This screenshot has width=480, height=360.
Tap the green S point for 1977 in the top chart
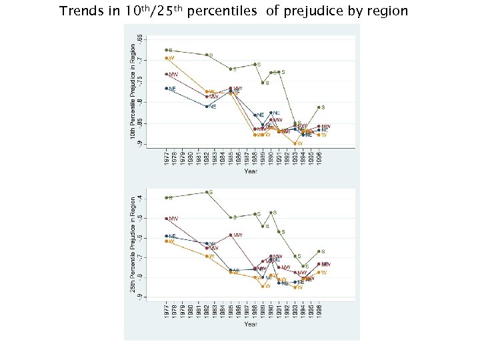[167, 50]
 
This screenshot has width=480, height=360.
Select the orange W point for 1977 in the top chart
[167, 58]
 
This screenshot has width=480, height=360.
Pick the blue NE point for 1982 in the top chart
[207, 106]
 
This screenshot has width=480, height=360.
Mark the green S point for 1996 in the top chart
[319, 107]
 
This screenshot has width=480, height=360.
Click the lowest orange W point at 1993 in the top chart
[295, 143]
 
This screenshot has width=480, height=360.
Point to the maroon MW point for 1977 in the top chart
[167, 74]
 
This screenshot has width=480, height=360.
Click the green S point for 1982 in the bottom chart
[207, 192]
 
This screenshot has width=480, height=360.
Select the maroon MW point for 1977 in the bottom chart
[167, 219]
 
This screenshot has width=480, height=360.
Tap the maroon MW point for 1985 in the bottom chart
[231, 235]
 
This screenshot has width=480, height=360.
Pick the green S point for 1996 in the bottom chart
[319, 252]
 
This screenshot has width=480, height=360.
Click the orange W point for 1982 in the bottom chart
[207, 256]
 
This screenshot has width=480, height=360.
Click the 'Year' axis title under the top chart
[250, 171]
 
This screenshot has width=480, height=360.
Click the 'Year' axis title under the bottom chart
[250, 324]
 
